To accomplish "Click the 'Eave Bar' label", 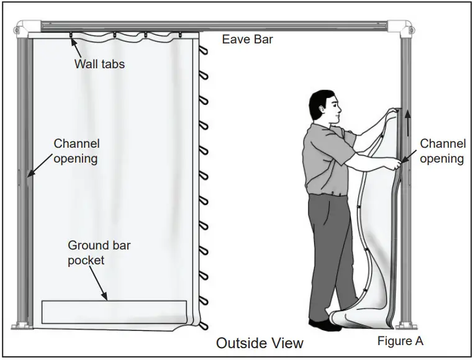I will (x=247, y=40).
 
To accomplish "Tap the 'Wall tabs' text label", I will (x=99, y=64).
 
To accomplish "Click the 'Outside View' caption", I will (x=260, y=343).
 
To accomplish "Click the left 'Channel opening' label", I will (x=76, y=151).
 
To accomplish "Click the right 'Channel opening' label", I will (x=442, y=151).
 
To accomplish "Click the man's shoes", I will (x=327, y=325).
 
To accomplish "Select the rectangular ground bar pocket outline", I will (x=114, y=312).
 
